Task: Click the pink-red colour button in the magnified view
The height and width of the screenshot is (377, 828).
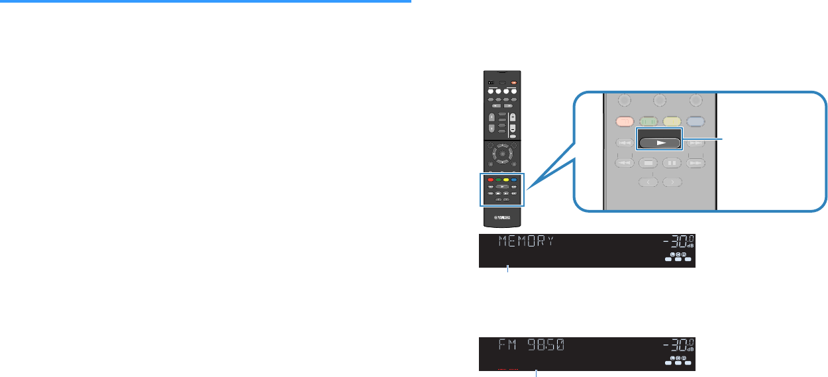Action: pyautogui.click(x=625, y=122)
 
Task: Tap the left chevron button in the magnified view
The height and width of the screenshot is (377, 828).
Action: pyautogui.click(x=647, y=182)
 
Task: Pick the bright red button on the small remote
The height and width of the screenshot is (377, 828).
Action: pyautogui.click(x=490, y=180)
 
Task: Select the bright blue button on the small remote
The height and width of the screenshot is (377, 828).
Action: pyautogui.click(x=512, y=180)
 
